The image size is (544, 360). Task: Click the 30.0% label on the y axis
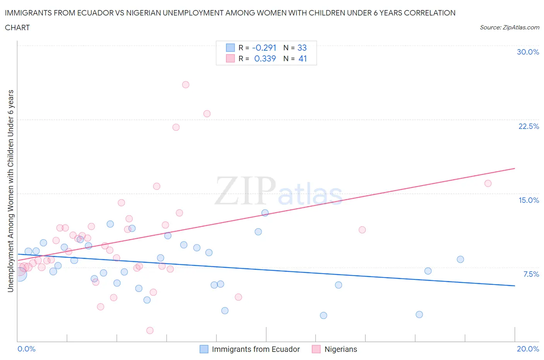click(x=528, y=52)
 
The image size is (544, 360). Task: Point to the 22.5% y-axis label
click(x=528, y=126)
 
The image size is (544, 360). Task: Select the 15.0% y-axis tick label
click(x=529, y=200)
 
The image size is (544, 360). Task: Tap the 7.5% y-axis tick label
click(x=531, y=274)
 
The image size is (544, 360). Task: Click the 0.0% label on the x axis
click(x=26, y=349)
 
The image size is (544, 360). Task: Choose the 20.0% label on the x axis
click(x=528, y=349)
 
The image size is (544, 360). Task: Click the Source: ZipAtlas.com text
click(x=509, y=27)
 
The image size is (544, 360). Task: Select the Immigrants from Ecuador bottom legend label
click(x=256, y=349)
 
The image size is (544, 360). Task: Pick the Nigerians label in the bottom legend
click(x=340, y=349)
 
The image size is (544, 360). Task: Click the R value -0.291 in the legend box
click(x=264, y=48)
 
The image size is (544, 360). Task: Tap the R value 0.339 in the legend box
click(x=265, y=58)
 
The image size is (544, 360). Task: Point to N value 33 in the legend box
click(x=302, y=48)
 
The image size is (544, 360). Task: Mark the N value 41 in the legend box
click(x=303, y=58)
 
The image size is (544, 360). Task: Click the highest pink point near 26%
click(x=186, y=84)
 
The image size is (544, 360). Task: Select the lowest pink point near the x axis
click(x=150, y=330)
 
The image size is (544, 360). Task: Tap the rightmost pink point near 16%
click(x=488, y=183)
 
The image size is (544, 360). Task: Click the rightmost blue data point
click(x=460, y=259)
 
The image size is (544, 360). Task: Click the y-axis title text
click(x=10, y=191)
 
